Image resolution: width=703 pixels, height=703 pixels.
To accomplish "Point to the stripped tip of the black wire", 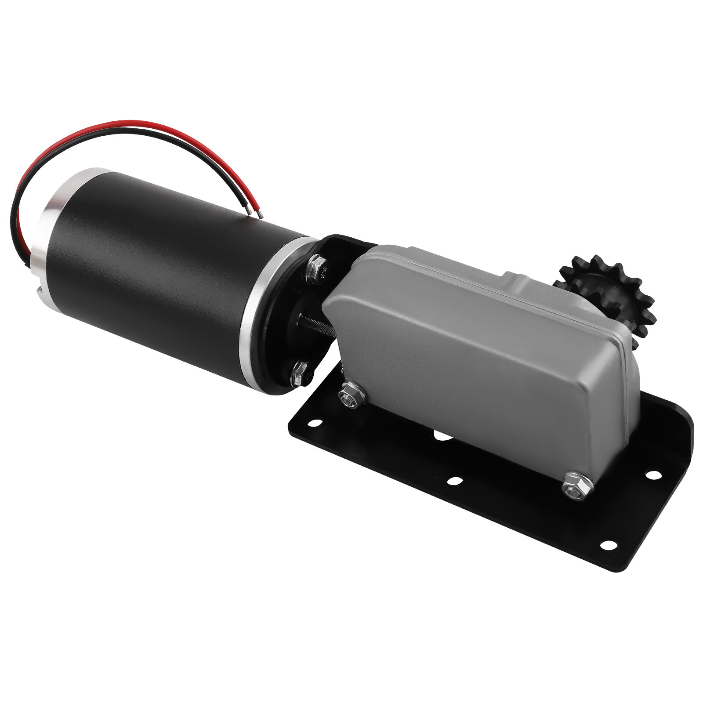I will coord(249,211).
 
